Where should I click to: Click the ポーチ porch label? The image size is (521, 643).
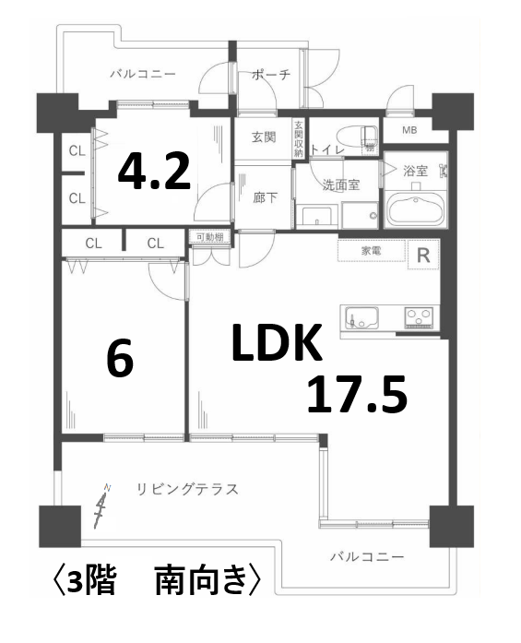[x=271, y=76]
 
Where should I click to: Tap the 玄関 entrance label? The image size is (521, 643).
[x=264, y=138]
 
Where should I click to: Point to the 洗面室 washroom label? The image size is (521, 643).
[x=340, y=185]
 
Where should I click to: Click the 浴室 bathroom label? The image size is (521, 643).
[x=417, y=170]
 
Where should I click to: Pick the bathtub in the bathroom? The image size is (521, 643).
[x=416, y=208]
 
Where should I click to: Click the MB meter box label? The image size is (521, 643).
[x=408, y=131]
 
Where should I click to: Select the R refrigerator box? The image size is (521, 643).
[x=423, y=256]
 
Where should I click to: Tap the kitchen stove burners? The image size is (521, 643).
[x=418, y=317]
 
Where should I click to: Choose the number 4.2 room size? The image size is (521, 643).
[x=155, y=172]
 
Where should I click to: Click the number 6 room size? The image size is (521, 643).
[x=120, y=361]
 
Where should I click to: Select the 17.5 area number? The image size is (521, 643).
[x=357, y=395]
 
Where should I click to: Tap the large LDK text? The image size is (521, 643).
[x=276, y=346]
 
